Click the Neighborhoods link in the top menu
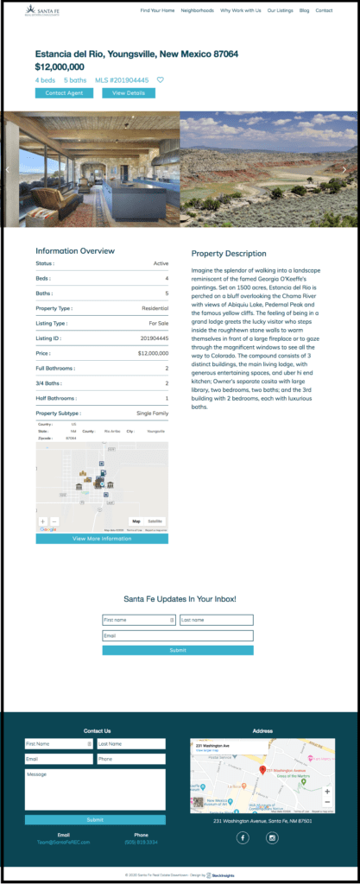pos(198,10)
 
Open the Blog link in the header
pos(304,10)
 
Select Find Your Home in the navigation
pos(157,10)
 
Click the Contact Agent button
pos(64,92)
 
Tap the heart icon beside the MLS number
pos(160,80)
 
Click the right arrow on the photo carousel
pos(344,169)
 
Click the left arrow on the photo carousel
pos(8,169)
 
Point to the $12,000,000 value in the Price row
pos(153,353)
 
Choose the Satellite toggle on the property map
pos(155,521)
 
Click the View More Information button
pos(102,539)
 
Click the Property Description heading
pos(229,254)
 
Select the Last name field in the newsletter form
pos(216,620)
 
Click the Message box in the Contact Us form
pos(95,789)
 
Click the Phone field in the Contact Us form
pos(130,759)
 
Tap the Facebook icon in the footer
pos(243,837)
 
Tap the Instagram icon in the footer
pos(272,837)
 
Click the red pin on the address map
pos(262,768)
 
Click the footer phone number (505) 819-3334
pos(141,842)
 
